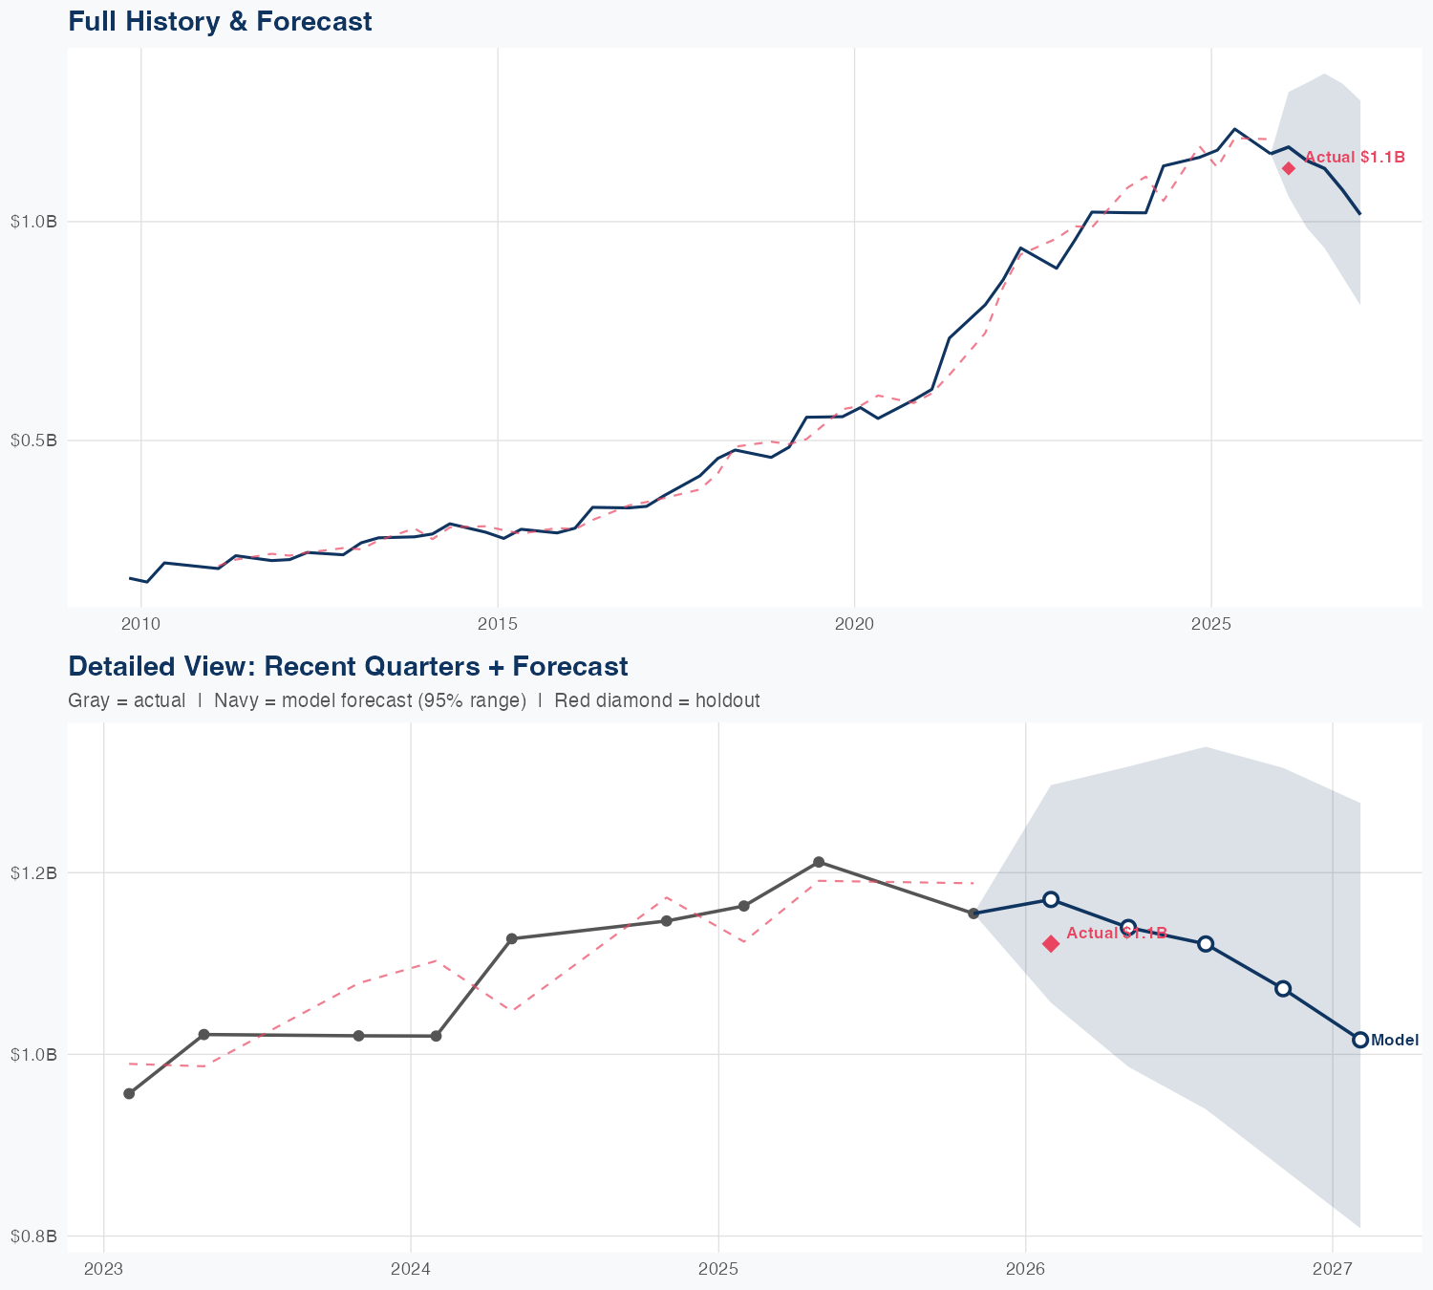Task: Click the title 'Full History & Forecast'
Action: tap(220, 21)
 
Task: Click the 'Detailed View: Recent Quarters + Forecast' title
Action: tap(348, 666)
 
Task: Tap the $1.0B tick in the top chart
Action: tap(33, 222)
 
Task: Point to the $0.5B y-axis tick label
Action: tap(33, 441)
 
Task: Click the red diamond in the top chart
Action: tap(1289, 168)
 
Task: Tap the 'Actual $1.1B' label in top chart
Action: tap(1355, 158)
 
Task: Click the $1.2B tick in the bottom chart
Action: tap(33, 872)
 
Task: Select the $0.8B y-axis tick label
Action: tap(33, 1236)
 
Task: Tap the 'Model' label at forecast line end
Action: tap(1395, 1041)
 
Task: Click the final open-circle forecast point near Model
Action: tap(1360, 1040)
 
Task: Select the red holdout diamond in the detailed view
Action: tap(1051, 944)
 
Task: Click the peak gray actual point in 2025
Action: tap(819, 862)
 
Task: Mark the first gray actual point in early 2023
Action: tap(129, 1093)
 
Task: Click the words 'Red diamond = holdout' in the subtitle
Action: tap(656, 700)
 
